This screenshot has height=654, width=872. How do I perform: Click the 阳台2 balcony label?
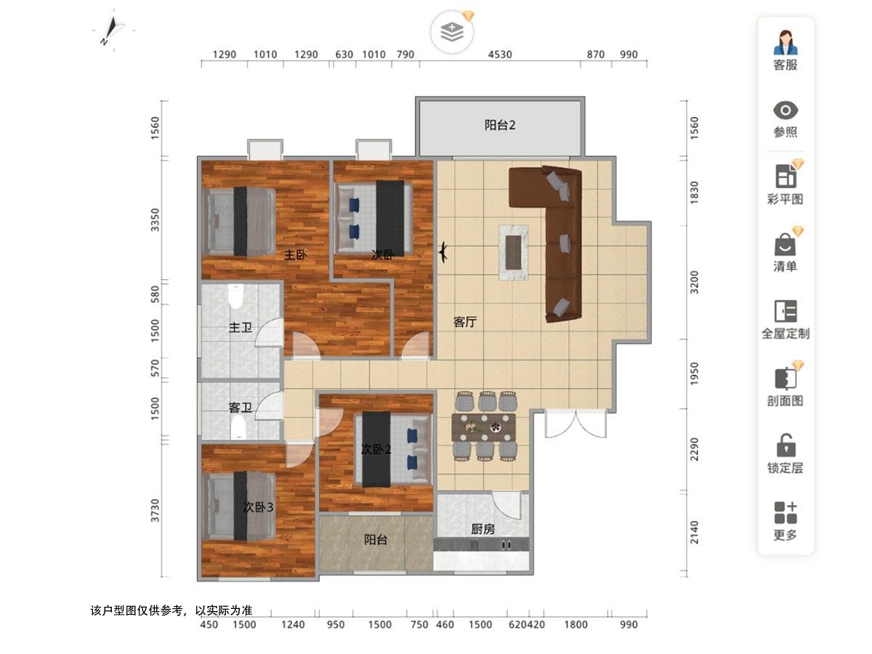tap(499, 126)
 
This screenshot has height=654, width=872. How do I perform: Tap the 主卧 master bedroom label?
tap(295, 255)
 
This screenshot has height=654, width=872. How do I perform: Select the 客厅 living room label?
tap(465, 322)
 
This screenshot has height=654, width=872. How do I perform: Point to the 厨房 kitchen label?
tap(483, 529)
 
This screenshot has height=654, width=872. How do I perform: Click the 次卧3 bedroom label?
tap(258, 507)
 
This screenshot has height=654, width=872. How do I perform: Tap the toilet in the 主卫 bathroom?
tap(235, 296)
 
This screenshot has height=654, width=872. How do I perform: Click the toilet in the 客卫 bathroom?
tap(238, 427)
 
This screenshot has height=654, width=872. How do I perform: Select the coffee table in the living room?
tap(513, 253)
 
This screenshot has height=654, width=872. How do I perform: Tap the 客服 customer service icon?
tap(785, 42)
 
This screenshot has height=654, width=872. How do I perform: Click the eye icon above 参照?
tap(785, 110)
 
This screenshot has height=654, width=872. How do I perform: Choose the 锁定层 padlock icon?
tap(786, 445)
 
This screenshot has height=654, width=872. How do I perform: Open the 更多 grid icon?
tap(786, 512)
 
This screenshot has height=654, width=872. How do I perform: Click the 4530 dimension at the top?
tap(500, 54)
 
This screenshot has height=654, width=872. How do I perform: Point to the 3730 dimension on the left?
tap(156, 511)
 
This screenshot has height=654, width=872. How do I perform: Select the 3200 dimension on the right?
tap(694, 283)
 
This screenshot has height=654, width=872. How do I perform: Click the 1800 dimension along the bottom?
tap(576, 625)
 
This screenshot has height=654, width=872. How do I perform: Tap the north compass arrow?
tap(112, 31)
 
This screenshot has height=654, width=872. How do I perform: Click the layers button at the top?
tap(452, 32)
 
